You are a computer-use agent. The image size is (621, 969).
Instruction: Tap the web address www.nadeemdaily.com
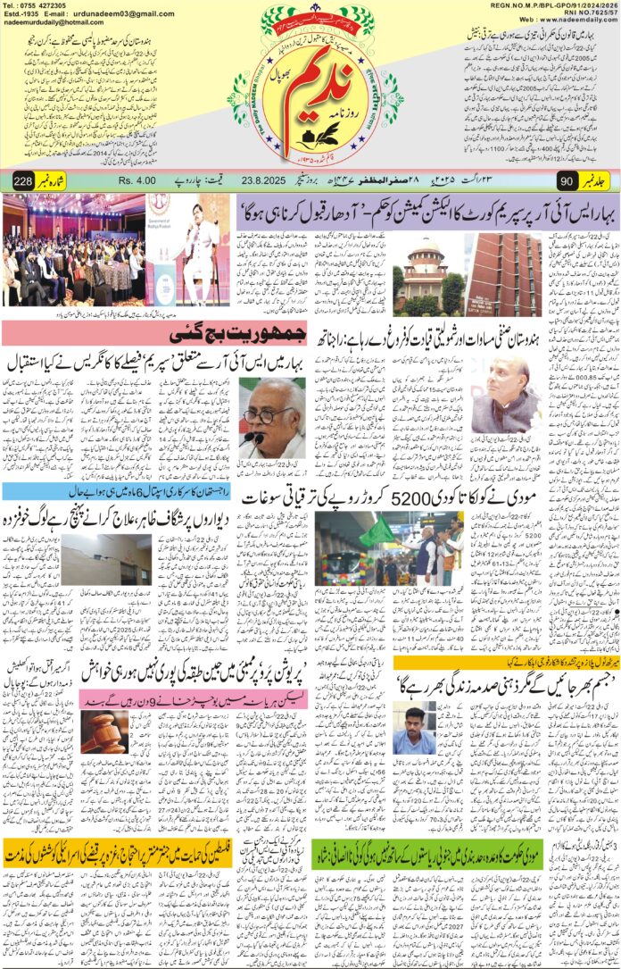pos(571,21)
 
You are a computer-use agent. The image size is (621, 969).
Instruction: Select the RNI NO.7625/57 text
pos(581,13)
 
